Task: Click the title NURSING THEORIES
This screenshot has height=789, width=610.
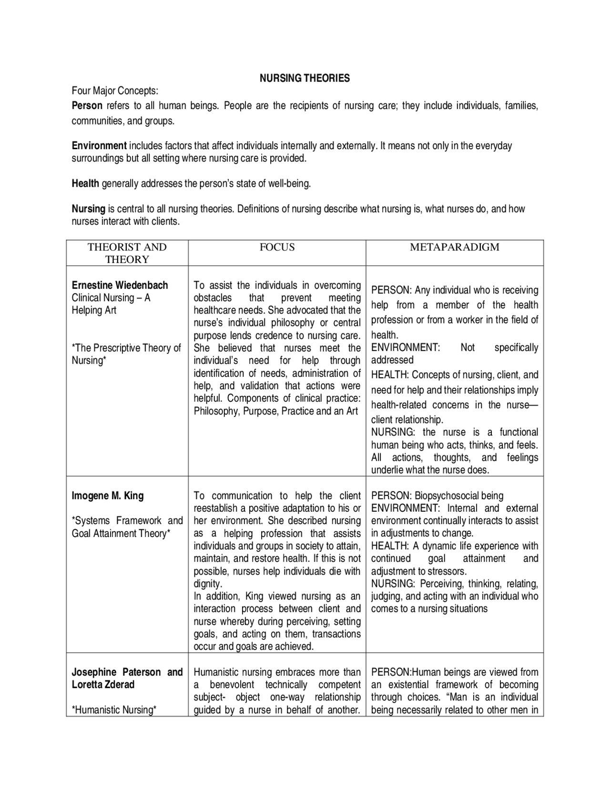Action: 305,78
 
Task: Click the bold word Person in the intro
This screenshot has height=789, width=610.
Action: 87,106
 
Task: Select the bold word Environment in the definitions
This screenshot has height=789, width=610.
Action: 99,146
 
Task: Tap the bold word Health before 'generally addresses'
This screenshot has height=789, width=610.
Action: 85,183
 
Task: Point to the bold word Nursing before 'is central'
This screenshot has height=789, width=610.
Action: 88,209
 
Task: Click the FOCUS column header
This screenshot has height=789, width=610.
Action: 277,247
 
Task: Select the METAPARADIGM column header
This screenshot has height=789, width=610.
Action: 455,247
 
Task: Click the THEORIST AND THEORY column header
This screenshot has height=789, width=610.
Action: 127,253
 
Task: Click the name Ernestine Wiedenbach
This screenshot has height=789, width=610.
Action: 120,285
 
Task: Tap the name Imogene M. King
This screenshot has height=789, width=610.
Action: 107,496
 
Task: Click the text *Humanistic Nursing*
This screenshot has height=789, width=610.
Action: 114,710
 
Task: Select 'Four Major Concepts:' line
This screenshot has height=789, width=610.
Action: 115,91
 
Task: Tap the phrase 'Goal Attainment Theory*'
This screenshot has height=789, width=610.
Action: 121,534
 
